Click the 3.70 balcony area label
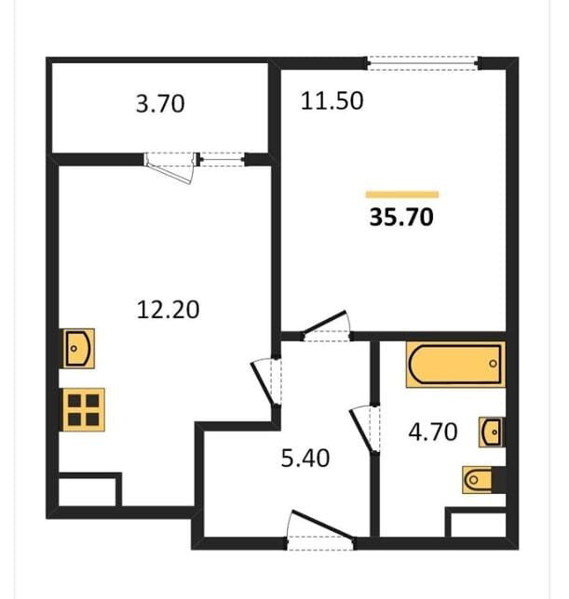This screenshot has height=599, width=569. point(160,103)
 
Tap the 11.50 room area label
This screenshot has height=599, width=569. point(332,101)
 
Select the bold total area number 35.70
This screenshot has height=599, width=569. point(401,217)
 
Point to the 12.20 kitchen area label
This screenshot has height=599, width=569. point(168,310)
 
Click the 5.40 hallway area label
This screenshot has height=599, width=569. point(305,459)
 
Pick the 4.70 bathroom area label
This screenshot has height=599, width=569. point(433,433)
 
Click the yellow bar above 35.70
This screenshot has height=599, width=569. point(402,194)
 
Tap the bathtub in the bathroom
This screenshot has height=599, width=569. point(455,365)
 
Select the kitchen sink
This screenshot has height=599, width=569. point(79,349)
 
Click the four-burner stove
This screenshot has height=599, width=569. point(84,410)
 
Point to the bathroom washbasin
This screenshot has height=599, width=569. point(492,433)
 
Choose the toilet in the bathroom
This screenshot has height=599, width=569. point(483,479)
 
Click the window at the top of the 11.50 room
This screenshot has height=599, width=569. point(423,63)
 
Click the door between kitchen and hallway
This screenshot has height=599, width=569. point(266,382)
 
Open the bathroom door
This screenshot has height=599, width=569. point(365,430)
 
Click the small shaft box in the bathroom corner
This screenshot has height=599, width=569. point(476,522)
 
